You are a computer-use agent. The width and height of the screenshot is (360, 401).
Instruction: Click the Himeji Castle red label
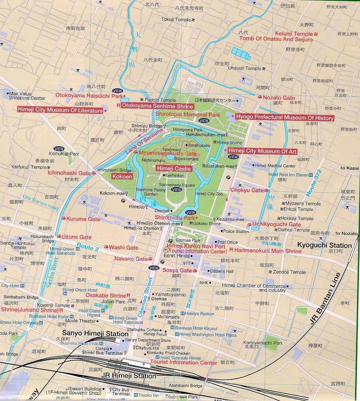(174, 168)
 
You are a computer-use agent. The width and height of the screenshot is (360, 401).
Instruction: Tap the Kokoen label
(122, 177)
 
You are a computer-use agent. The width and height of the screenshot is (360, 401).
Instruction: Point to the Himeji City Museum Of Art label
(262, 151)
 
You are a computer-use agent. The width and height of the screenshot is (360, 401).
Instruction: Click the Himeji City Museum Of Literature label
(60, 109)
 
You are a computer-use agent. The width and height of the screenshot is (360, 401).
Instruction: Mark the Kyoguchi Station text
(325, 246)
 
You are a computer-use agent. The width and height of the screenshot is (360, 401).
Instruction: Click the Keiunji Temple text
(294, 34)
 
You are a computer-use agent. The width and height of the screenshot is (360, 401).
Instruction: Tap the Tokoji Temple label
(176, 20)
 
